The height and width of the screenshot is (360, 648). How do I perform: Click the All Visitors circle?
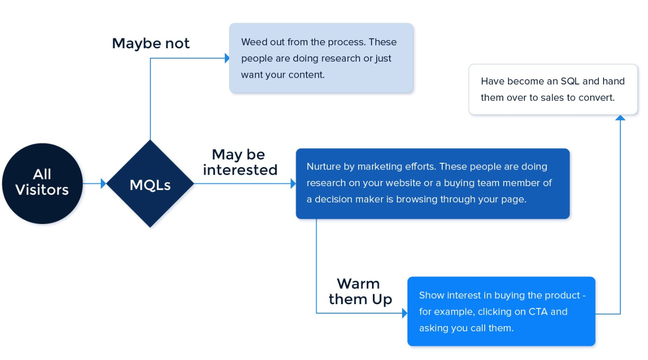[42, 183]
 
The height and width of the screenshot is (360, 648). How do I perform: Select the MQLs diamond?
[150, 184]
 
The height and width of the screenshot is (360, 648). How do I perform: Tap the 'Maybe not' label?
[151, 43]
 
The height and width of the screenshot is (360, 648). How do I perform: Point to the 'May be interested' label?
[240, 162]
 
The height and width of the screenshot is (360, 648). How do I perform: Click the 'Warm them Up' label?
[360, 291]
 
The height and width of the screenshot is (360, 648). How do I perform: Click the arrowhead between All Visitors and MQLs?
[104, 183]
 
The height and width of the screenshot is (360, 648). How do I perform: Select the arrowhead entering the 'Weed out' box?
[227, 58]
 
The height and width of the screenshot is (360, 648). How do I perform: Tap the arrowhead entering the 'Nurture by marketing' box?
[293, 183]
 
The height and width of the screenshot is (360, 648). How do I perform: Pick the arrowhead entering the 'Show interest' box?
[405, 313]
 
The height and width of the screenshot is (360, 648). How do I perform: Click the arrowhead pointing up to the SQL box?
[620, 117]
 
